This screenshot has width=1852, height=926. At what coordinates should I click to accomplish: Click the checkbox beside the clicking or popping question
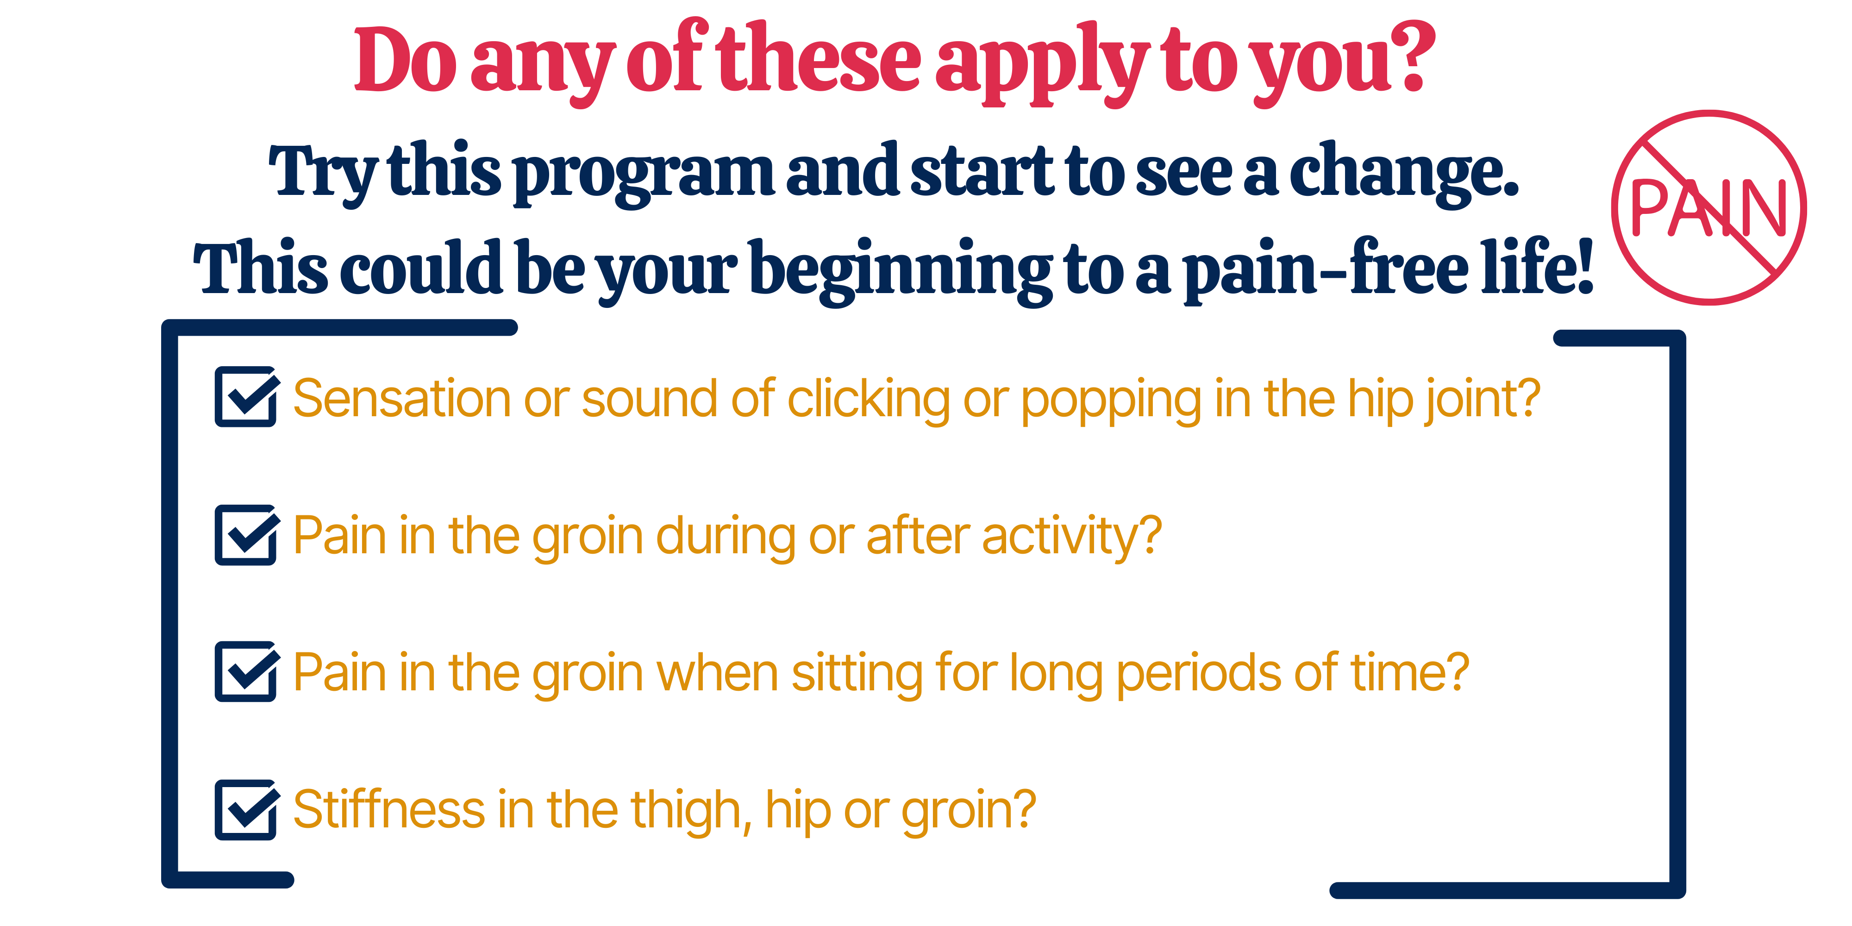point(246,397)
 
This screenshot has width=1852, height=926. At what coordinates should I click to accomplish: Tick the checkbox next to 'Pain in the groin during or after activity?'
point(246,535)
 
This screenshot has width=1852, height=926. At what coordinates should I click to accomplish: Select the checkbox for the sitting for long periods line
point(246,671)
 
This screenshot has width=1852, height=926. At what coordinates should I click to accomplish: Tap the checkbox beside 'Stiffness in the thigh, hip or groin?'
point(246,809)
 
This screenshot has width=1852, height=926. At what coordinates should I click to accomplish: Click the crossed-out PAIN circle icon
point(1709,208)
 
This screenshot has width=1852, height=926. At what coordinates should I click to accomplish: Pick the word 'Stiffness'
point(389,809)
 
